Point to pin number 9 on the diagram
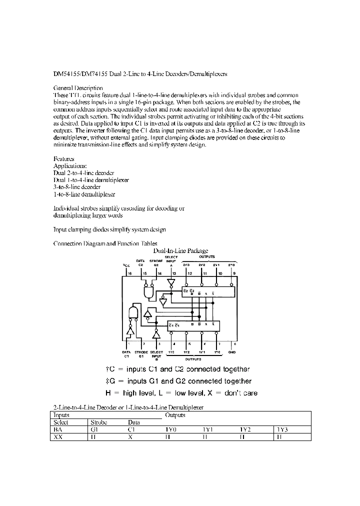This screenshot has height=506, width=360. coord(234,274)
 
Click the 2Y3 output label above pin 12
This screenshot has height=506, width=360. coord(186,265)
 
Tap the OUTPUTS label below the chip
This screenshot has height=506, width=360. coord(193,359)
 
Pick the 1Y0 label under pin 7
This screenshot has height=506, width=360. coord(217,352)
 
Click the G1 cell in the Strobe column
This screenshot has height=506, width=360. coord(93,429)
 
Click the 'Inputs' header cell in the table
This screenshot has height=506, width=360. coord(61,415)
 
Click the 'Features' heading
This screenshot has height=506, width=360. coord(63,158)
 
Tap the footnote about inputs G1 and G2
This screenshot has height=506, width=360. coord(178,381)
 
